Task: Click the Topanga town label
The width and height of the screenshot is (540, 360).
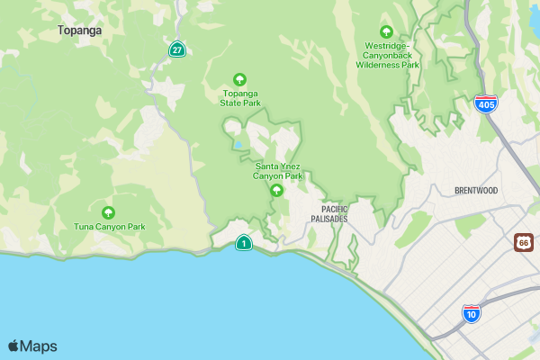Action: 79,30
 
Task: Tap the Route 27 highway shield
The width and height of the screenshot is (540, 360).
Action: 177,49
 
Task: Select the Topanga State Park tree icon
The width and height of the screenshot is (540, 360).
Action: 239,79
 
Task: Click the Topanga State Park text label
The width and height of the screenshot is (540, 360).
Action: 240,98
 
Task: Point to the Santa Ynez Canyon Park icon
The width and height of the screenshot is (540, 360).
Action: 277,190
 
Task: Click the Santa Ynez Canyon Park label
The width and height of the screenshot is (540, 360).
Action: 277,171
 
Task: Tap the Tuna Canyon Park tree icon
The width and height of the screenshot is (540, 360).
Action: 109,213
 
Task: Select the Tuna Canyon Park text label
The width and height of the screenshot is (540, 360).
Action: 109,227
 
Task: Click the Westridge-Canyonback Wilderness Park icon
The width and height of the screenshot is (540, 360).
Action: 387,31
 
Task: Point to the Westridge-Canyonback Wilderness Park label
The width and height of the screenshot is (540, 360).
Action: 388,55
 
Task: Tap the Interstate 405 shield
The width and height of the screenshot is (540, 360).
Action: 486,103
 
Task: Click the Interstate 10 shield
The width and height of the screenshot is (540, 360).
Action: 471,313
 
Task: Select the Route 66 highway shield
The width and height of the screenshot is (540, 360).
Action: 524,241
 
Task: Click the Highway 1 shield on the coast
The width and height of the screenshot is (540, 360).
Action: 243,242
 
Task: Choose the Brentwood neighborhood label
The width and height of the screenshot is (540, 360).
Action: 476,191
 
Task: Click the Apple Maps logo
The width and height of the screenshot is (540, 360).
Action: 32,346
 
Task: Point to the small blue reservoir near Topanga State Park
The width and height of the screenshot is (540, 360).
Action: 238,144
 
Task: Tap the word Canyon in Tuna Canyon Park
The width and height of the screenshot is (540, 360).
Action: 109,227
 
